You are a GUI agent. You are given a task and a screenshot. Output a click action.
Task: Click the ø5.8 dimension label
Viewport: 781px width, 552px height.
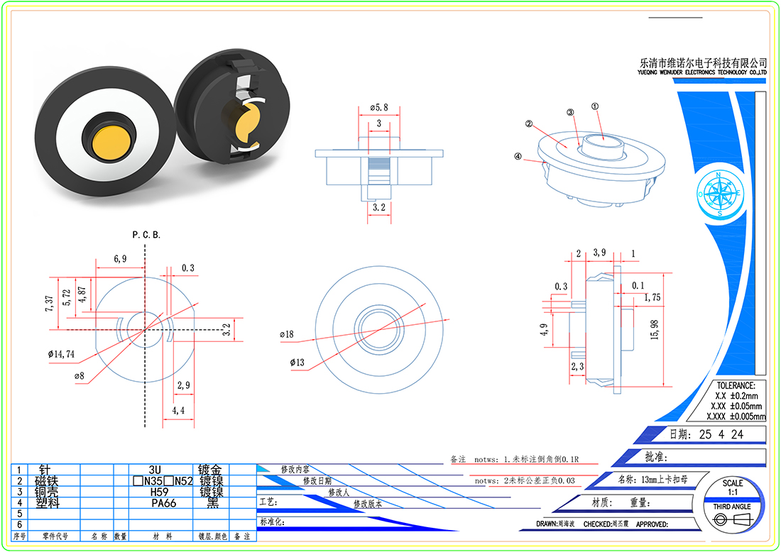pyautogui.click(x=379, y=107)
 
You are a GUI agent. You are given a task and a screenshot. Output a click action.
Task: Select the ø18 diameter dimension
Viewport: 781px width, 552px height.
pyautogui.click(x=287, y=333)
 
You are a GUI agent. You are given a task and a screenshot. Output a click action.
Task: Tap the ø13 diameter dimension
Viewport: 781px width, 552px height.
pyautogui.click(x=297, y=363)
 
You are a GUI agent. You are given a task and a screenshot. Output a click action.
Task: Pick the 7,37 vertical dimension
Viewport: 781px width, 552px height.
pyautogui.click(x=49, y=304)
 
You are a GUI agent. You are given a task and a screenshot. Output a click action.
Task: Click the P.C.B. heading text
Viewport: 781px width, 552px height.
pyautogui.click(x=146, y=234)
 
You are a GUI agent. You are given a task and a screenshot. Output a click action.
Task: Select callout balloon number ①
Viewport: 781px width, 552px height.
pyautogui.click(x=595, y=106)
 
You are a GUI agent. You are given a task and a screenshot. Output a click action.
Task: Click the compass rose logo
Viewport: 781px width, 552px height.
pyautogui.click(x=719, y=193)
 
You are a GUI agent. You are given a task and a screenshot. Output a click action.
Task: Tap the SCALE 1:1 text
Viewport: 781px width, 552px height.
pyautogui.click(x=733, y=487)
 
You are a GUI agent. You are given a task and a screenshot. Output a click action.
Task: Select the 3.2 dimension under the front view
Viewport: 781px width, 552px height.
pyautogui.click(x=379, y=208)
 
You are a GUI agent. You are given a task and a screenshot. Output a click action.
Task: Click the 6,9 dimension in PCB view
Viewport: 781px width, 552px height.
pyautogui.click(x=120, y=260)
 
